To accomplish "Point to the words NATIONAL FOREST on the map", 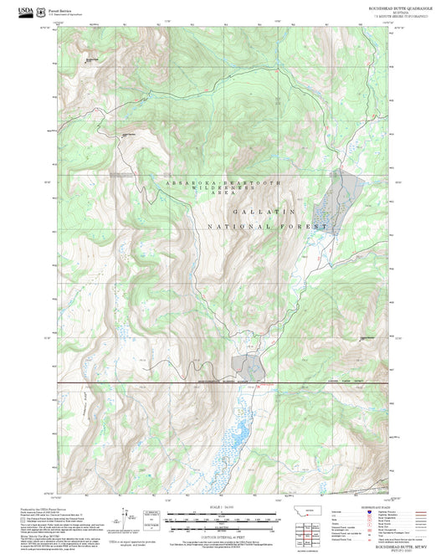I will point(266,227).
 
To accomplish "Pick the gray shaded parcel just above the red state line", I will point(249,364).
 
